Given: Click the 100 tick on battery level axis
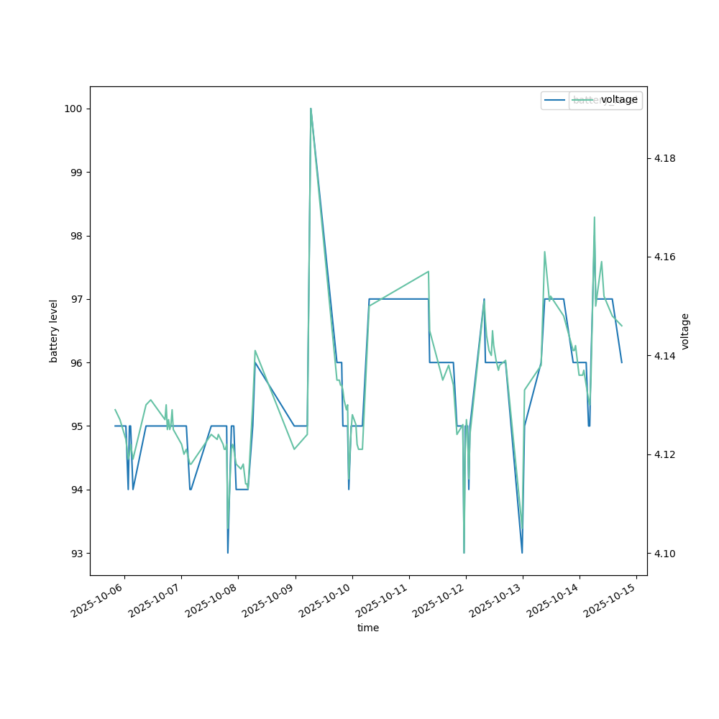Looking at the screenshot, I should pos(73,109).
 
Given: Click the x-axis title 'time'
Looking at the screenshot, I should pos(368,628).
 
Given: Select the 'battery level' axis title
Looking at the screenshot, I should pos(54,331).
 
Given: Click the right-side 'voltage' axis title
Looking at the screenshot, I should pos(685,331).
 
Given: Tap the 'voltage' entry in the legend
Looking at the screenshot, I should pos(619,100).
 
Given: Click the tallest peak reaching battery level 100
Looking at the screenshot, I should pos(311,109).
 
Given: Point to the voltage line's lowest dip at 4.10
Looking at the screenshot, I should pos(464,553).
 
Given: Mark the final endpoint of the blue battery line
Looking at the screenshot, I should pos(622,362).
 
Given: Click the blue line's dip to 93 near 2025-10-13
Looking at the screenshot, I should pos(522,553).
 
